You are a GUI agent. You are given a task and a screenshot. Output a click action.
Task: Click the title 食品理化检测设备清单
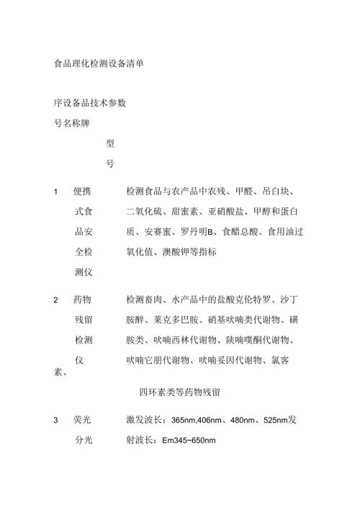click(x=99, y=63)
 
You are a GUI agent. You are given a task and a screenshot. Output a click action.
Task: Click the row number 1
click(x=57, y=192)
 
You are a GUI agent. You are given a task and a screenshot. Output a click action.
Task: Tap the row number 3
click(x=57, y=420)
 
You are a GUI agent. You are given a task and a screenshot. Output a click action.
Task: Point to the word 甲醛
click(x=247, y=192)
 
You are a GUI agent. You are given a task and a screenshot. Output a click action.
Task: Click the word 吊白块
click(x=282, y=192)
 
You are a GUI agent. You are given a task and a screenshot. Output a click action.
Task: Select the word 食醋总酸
click(x=241, y=233)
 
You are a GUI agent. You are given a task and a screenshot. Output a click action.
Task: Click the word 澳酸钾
click(x=180, y=253)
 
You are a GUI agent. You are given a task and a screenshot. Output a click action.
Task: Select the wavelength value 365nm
click(x=185, y=420)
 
